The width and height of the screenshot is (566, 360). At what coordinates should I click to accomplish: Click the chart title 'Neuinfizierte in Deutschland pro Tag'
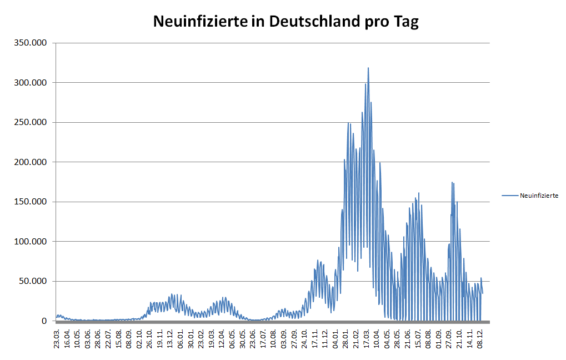(x=285, y=22)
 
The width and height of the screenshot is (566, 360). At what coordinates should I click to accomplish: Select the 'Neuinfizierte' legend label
(x=539, y=196)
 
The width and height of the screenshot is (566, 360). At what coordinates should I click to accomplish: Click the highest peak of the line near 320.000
(x=368, y=68)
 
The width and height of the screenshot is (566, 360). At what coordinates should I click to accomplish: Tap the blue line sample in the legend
(x=509, y=196)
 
